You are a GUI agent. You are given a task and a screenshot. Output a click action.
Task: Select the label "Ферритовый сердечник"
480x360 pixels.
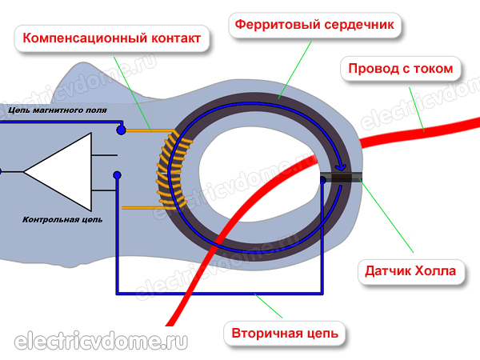click(x=314, y=25)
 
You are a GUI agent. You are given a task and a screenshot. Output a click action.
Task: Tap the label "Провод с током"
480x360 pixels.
click(x=401, y=68)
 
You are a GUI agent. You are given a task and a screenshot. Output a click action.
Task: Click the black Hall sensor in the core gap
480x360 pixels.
click(x=342, y=179)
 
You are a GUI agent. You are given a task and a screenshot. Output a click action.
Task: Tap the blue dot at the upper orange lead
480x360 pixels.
click(x=121, y=129)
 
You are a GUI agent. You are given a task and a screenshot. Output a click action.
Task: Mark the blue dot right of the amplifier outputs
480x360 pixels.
click(x=117, y=175)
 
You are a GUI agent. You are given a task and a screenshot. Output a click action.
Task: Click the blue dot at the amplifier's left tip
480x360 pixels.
click(x=2, y=171)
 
